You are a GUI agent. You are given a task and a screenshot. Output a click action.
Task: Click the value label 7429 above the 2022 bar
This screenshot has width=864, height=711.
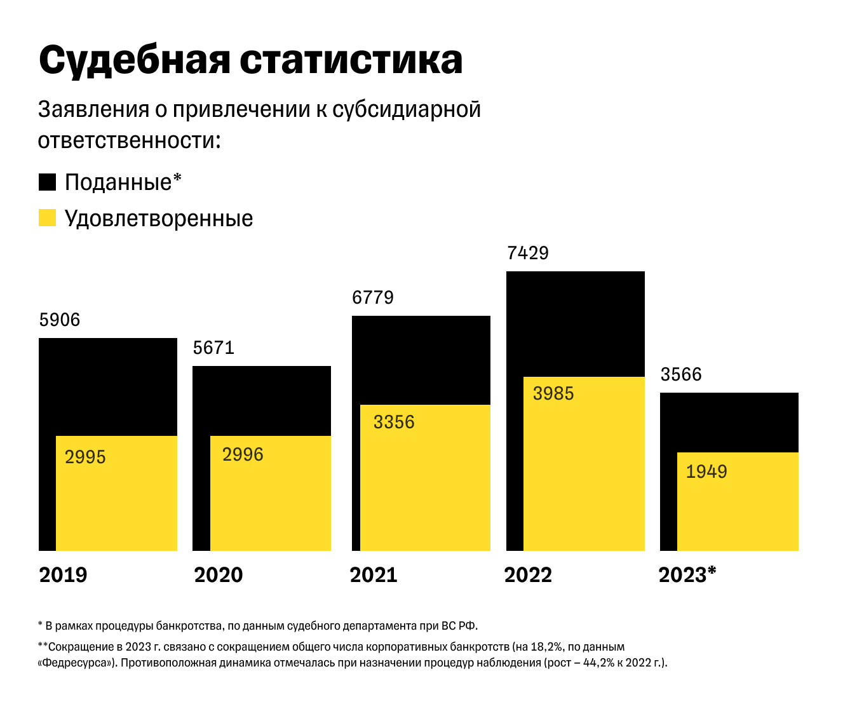[x=527, y=253]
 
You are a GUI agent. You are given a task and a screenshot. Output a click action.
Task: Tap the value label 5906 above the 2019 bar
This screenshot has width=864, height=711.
[x=60, y=320]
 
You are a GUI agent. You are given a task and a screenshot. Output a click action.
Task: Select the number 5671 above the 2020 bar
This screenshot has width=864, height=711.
[x=213, y=348]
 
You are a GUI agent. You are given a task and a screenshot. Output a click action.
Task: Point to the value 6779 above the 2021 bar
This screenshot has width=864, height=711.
[x=373, y=297]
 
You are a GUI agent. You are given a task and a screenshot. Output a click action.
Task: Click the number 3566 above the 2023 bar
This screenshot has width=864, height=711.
[x=681, y=374]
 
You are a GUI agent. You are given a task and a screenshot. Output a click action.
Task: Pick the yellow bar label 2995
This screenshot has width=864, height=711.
[x=85, y=457]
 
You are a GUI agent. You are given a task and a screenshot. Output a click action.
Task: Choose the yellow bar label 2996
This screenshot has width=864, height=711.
[x=243, y=454]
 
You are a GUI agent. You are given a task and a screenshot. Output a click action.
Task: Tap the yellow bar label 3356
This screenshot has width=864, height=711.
[x=394, y=422]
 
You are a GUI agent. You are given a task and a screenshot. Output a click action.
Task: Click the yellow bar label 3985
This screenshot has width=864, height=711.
[x=553, y=393]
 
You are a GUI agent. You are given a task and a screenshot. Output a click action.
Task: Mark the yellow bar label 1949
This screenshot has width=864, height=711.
[x=706, y=471]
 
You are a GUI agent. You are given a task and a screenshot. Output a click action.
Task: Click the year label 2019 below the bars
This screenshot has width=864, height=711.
[x=63, y=575]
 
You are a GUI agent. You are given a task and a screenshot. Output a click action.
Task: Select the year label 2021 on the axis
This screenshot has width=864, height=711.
[x=373, y=575]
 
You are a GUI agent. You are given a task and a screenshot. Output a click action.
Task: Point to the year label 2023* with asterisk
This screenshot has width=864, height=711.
[x=687, y=575]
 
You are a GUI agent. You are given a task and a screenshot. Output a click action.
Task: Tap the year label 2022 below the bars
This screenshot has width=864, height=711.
[x=528, y=575]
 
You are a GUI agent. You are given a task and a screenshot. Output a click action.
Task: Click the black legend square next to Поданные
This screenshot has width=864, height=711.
[x=48, y=182]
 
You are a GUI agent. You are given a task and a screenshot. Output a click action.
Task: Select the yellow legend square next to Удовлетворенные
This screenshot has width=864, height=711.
[x=48, y=218]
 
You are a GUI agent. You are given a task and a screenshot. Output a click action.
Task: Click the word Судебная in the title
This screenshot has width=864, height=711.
[x=133, y=61]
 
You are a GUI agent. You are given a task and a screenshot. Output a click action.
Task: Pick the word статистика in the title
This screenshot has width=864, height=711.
[x=351, y=61]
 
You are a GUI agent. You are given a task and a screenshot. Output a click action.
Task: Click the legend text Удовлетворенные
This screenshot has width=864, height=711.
[x=159, y=219]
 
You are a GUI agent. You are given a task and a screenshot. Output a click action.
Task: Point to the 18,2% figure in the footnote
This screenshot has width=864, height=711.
[x=546, y=647]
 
